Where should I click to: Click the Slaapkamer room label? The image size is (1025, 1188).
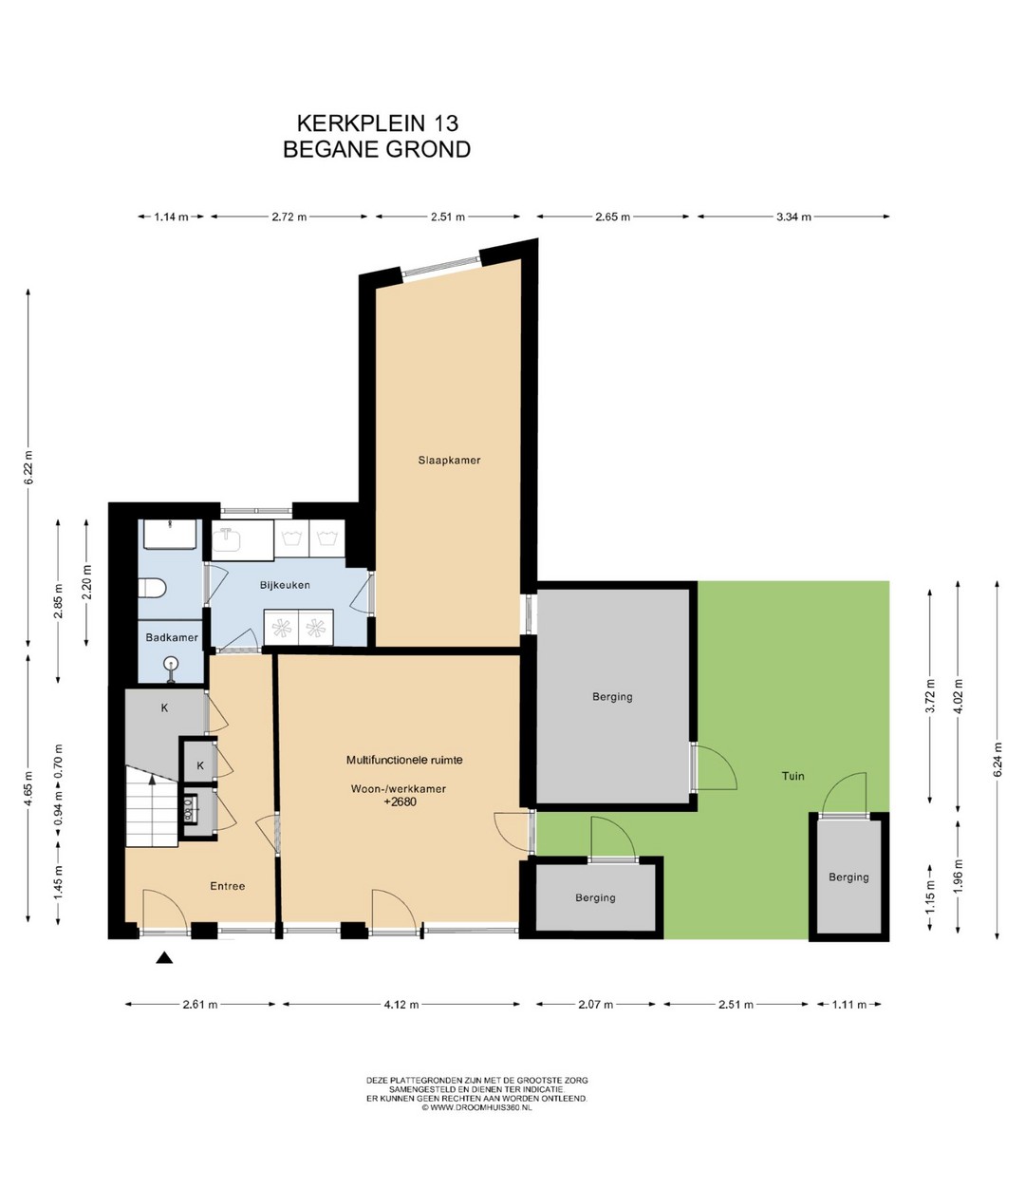[449, 460]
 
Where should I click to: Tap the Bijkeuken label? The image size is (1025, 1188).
[285, 585]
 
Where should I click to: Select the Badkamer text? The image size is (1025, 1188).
[172, 637]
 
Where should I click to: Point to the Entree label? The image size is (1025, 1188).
[228, 886]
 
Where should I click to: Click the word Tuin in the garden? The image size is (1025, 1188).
[792, 776]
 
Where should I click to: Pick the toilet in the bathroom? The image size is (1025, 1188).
[152, 588]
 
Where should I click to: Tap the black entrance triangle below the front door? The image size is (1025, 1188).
[164, 957]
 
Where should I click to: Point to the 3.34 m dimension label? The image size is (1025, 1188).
[793, 217]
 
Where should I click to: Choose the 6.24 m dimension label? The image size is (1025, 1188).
[997, 760]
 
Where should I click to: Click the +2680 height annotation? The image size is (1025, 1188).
[401, 801]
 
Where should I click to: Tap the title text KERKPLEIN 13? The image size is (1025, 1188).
[378, 123]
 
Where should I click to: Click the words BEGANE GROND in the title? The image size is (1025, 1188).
[377, 149]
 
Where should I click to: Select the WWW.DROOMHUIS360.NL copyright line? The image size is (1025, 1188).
[476, 1107]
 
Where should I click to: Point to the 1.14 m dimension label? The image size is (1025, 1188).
[171, 217]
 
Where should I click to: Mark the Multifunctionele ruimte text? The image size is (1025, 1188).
[404, 760]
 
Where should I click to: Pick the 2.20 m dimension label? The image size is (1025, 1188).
[86, 581]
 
